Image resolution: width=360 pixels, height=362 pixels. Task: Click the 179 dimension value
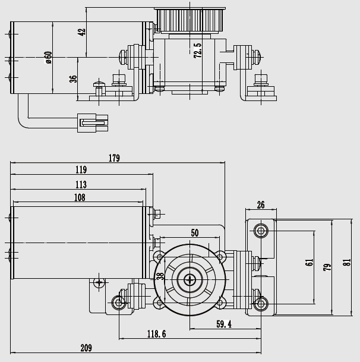pos(115,158)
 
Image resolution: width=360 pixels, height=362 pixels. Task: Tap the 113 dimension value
pos(81,185)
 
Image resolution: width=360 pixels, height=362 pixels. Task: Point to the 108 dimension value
pos(80,198)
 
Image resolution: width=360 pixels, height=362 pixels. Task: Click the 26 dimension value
pos(261,205)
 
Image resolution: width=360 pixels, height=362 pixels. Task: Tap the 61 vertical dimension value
pos(309,263)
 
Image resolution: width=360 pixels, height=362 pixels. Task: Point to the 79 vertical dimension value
pos(327,267)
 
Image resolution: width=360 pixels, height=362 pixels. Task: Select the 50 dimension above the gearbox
pos(195,232)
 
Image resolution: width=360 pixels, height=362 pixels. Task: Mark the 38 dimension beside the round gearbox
pos(160,276)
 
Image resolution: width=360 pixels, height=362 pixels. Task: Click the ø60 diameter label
pos(48,58)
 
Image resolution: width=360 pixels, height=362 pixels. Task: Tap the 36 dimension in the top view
pos(72,78)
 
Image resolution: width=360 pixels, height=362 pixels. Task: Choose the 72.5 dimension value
pos(197,51)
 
